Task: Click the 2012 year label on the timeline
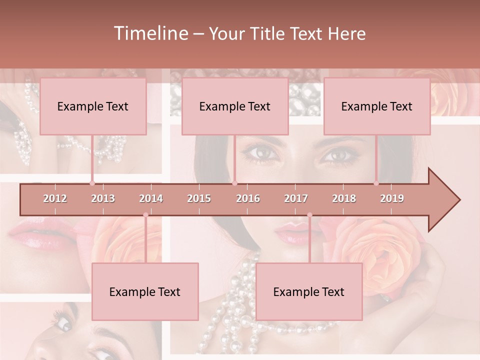tap(55, 198)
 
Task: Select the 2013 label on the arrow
tap(103, 198)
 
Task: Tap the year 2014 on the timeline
tap(151, 198)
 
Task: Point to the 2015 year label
tap(199, 198)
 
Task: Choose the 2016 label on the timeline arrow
tap(248, 198)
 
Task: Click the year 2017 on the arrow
tap(296, 198)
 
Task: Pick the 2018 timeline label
tap(344, 198)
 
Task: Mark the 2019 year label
tap(392, 198)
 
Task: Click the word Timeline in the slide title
tap(150, 33)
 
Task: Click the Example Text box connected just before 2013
tap(93, 106)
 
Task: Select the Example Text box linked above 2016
tap(235, 106)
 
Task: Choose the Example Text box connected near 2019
tap(377, 106)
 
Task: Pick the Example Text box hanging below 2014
tap(145, 291)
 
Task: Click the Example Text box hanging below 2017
tap(309, 291)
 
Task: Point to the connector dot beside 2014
tap(145, 215)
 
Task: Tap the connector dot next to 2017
tap(309, 215)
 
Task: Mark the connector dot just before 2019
tap(376, 183)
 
